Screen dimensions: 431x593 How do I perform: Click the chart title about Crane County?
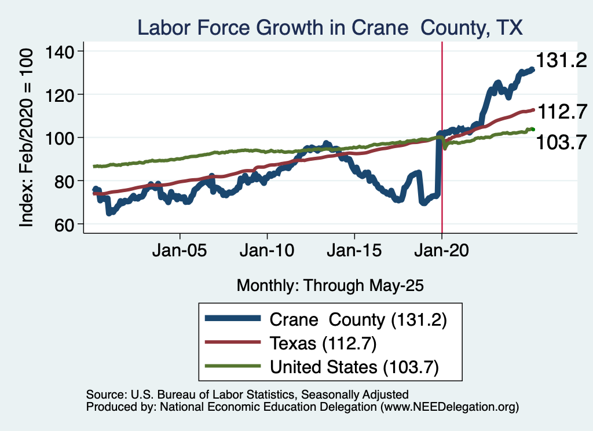pyautogui.click(x=330, y=27)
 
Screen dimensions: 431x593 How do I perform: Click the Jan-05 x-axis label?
pyautogui.click(x=180, y=253)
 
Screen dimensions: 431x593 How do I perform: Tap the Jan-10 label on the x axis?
pyautogui.click(x=267, y=253)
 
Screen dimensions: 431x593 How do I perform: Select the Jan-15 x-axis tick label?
pyautogui.click(x=354, y=253)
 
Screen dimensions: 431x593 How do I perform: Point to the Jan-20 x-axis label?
pyautogui.click(x=442, y=253)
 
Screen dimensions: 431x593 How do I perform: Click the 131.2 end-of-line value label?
pyautogui.click(x=561, y=60)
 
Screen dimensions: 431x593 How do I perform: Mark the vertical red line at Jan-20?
pyautogui.click(x=442, y=174)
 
